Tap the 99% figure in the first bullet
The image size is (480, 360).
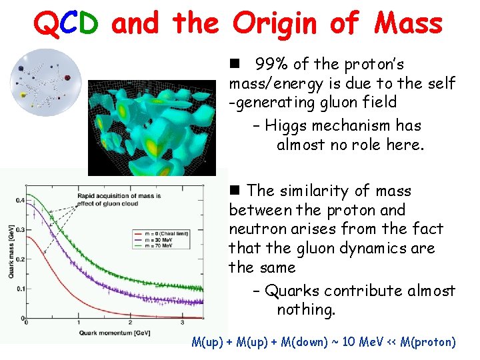pyautogui.click(x=272, y=65)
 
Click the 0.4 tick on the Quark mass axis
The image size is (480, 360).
pyautogui.click(x=19, y=199)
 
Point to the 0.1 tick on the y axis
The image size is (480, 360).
pyautogui.click(x=19, y=289)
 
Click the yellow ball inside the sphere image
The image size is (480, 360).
pyautogui.click(x=25, y=96)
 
